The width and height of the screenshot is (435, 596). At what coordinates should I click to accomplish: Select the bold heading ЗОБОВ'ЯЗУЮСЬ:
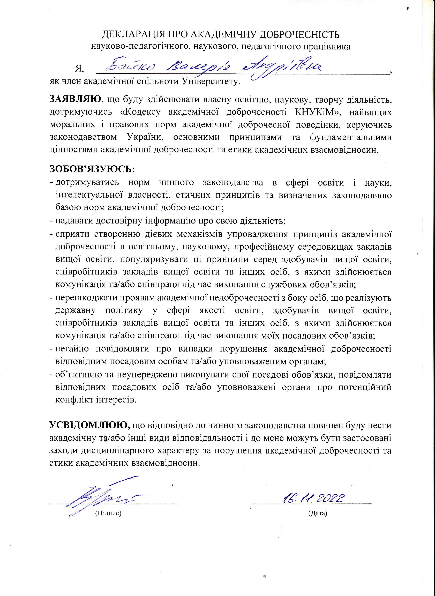coord(92,169)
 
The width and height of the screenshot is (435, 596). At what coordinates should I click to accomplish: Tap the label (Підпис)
coord(108,513)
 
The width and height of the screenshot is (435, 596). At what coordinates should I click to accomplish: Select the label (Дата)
coord(317,513)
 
